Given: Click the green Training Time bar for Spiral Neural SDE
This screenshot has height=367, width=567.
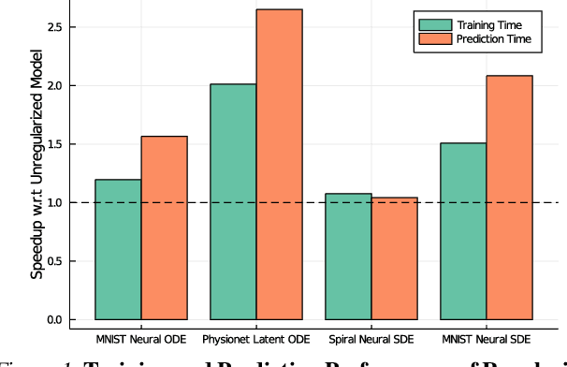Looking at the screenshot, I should (348, 257).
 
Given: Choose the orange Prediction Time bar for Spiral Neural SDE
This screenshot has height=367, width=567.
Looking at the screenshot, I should (394, 258).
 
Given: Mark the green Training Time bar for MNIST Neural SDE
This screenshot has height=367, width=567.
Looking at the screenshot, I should (463, 231).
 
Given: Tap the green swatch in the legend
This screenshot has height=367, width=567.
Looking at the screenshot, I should (436, 23).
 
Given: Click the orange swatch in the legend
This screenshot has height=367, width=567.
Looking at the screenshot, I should (436, 38).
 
